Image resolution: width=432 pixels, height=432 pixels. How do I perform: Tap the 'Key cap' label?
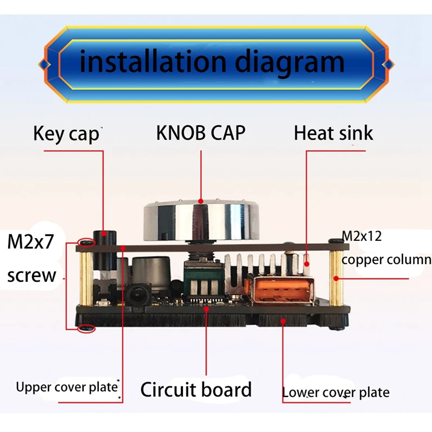(66, 133)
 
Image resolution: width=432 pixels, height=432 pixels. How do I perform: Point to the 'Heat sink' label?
(333, 133)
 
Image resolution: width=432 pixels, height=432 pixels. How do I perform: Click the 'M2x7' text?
(31, 242)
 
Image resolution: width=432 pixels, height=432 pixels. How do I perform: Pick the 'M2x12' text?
(366, 236)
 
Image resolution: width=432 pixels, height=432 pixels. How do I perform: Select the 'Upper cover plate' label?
(66, 387)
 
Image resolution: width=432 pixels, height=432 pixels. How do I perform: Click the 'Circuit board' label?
(196, 389)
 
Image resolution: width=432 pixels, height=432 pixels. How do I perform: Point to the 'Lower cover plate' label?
(335, 393)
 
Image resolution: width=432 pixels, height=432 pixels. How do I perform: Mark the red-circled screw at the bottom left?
(86, 328)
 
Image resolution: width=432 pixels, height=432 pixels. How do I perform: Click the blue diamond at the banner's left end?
(46, 64)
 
